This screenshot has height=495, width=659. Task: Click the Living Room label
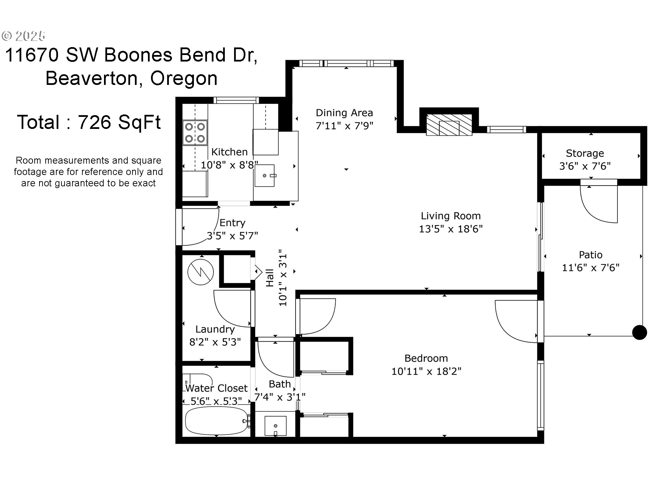tap(451, 216)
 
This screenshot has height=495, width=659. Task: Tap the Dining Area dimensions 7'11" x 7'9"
tap(344, 126)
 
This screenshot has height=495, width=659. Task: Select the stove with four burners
tap(195, 133)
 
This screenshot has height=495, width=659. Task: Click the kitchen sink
tap(265, 176)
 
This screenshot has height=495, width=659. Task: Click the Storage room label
tap(585, 153)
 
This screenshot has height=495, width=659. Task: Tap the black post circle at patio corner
tap(639, 332)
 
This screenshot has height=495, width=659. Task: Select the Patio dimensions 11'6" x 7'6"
tap(590, 268)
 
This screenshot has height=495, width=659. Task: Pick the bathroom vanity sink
tap(275, 426)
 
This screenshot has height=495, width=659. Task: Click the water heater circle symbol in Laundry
tap(201, 272)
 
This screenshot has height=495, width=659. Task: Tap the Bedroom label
tap(426, 359)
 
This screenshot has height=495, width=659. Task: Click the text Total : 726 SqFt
tap(89, 122)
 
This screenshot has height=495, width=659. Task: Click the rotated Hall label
tap(270, 278)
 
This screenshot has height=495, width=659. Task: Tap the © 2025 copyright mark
tap(24, 36)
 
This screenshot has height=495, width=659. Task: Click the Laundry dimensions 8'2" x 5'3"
tap(215, 342)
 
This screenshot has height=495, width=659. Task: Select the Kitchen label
tap(229, 152)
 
